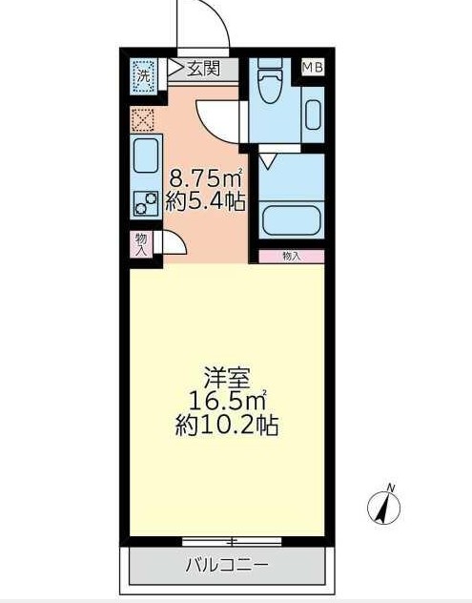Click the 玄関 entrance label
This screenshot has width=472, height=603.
point(203,68)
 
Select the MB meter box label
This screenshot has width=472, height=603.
point(313,67)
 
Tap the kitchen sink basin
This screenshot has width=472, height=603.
point(146,155)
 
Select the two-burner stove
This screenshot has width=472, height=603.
point(146,202)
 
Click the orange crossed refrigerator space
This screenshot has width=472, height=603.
point(142,120)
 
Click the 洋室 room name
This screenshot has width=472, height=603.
point(227,375)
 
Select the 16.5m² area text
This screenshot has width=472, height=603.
point(227,399)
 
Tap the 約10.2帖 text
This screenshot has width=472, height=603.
point(227,425)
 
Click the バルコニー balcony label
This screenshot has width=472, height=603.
point(227,563)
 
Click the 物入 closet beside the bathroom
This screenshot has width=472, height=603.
point(291,256)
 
